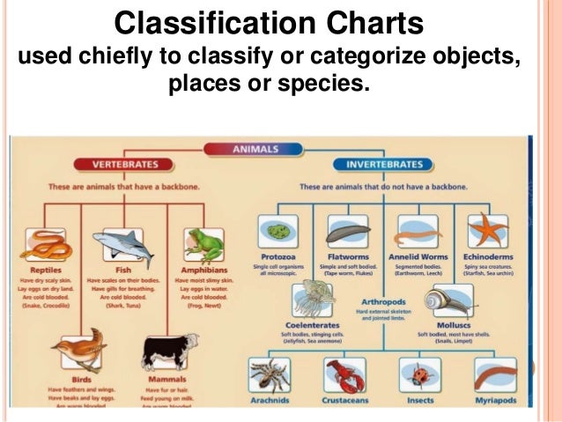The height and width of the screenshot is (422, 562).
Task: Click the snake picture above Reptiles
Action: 45,242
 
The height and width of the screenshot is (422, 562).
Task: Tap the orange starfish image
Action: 488,231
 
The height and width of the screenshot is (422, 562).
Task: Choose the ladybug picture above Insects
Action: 419,374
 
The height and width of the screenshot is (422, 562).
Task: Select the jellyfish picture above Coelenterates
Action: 313,300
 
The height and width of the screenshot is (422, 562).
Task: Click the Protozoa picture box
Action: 277,232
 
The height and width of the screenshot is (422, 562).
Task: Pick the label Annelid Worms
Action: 418,258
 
